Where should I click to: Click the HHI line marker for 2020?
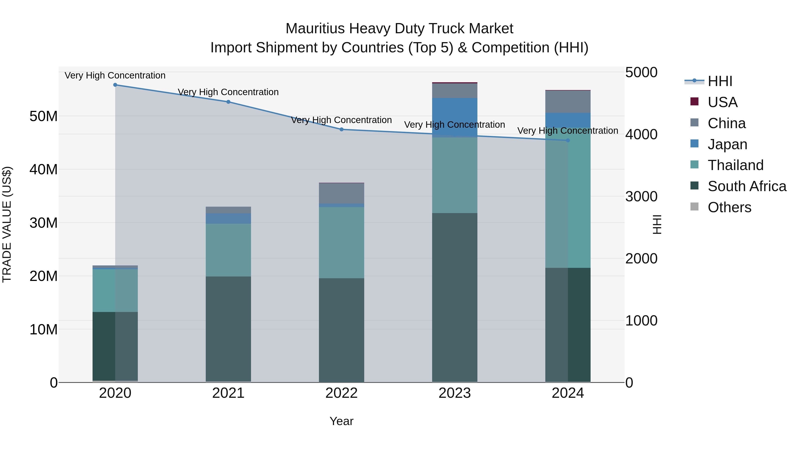(115, 85)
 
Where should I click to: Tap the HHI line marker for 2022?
(342, 129)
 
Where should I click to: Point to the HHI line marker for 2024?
(568, 140)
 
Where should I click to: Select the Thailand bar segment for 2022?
(342, 243)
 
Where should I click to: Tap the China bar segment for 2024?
(568, 102)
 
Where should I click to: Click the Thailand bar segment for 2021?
(228, 250)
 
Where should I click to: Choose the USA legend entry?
(722, 102)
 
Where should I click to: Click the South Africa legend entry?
(747, 186)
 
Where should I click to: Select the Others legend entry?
(729, 207)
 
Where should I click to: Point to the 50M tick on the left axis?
(44, 116)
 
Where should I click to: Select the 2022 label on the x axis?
(342, 393)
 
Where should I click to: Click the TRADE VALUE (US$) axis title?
(7, 224)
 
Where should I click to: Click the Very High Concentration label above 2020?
(115, 76)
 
